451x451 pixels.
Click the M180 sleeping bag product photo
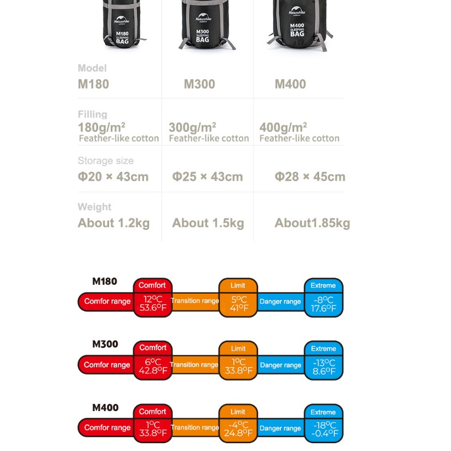pyautogui.click(x=122, y=24)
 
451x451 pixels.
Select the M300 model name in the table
pyautogui.click(x=199, y=84)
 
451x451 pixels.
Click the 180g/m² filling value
pyautogui.click(x=101, y=127)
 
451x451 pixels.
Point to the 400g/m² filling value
pyautogui.click(x=283, y=127)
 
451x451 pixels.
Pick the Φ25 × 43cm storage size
pyautogui.click(x=207, y=177)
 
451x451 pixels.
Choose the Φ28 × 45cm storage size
pyautogui.click(x=310, y=177)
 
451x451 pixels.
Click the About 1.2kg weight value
pyautogui.click(x=114, y=223)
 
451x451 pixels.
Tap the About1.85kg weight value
pyautogui.click(x=312, y=223)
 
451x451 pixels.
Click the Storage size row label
pyautogui.click(x=106, y=161)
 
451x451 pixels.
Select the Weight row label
pyautogui.click(x=94, y=207)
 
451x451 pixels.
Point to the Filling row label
pyautogui.click(x=93, y=114)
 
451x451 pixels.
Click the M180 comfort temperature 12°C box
pyautogui.click(x=153, y=304)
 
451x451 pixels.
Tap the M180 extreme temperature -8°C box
pyautogui.click(x=324, y=304)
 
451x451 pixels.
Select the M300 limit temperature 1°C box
pyautogui.click(x=238, y=366)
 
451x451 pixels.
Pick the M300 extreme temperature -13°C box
pyautogui.click(x=324, y=367)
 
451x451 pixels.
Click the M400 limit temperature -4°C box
pyautogui.click(x=238, y=429)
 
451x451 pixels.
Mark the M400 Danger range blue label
pyautogui.click(x=280, y=428)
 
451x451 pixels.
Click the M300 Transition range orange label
pyautogui.click(x=194, y=365)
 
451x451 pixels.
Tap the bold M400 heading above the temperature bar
pyautogui.click(x=105, y=407)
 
